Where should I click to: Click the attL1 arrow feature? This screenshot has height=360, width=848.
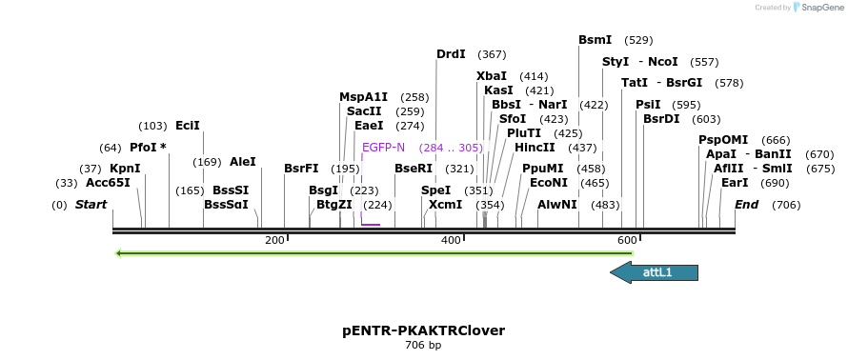pos(654,272)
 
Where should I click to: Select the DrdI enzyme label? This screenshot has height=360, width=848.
pos(451,54)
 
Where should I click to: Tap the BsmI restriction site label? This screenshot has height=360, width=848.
pos(595,40)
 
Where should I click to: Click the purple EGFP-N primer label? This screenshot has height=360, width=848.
pos(383,148)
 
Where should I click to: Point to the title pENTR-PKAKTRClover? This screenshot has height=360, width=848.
pos(423,330)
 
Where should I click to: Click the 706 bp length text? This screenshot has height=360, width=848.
pos(423,345)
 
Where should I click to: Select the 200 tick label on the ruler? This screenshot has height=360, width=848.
pos(274,240)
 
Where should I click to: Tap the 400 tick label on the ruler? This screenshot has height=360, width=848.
pos(451,240)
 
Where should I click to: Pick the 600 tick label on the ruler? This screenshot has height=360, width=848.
pos(627,240)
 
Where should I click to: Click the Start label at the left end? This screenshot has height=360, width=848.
pos(91,205)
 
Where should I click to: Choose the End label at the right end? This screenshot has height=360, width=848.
pos(746,205)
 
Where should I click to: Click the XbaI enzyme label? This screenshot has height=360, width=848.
pos(492,76)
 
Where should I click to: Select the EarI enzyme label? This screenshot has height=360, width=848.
pos(735,183)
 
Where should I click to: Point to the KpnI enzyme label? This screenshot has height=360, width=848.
pos(125,169)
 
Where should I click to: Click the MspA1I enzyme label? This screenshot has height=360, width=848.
pos(363,97)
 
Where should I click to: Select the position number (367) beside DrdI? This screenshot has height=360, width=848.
pos(493,54)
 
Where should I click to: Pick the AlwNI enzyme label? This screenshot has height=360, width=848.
pos(557,205)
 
